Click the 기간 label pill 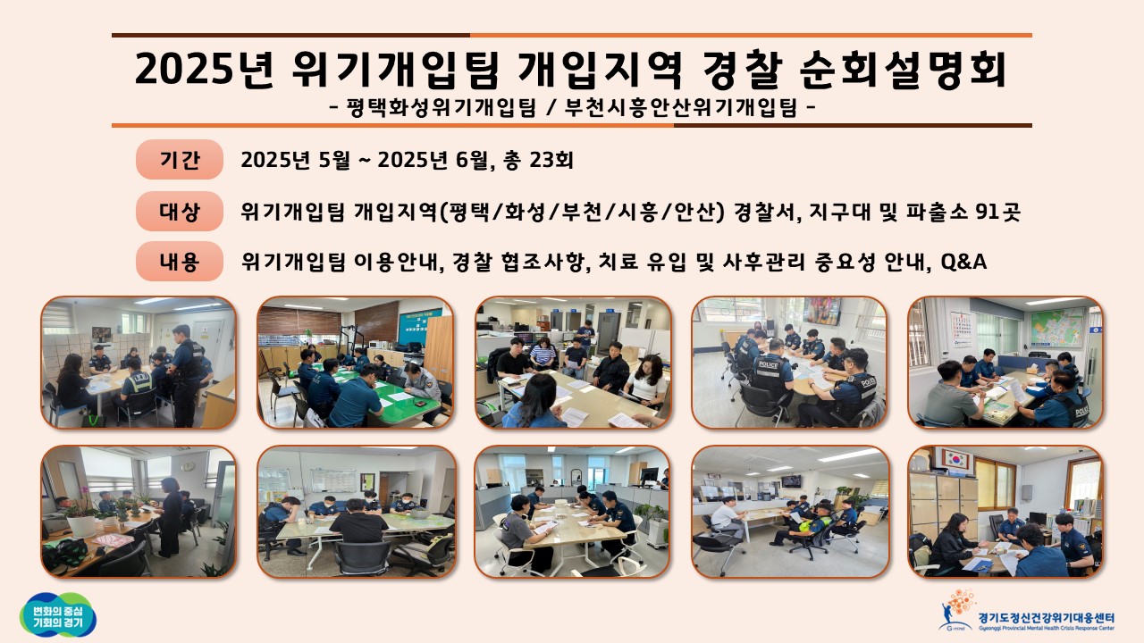pos(180,160)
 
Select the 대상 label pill pos(180,212)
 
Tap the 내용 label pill pos(180,262)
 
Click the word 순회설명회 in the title pos(902,69)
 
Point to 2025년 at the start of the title pos(205,69)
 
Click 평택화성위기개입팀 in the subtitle pos(442,108)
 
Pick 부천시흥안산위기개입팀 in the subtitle pos(680,108)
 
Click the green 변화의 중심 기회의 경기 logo pos(58,615)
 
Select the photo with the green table pos(356,363)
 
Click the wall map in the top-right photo pos(1056,328)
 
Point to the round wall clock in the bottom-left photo pos(188,466)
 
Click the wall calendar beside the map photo pos(961,330)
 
